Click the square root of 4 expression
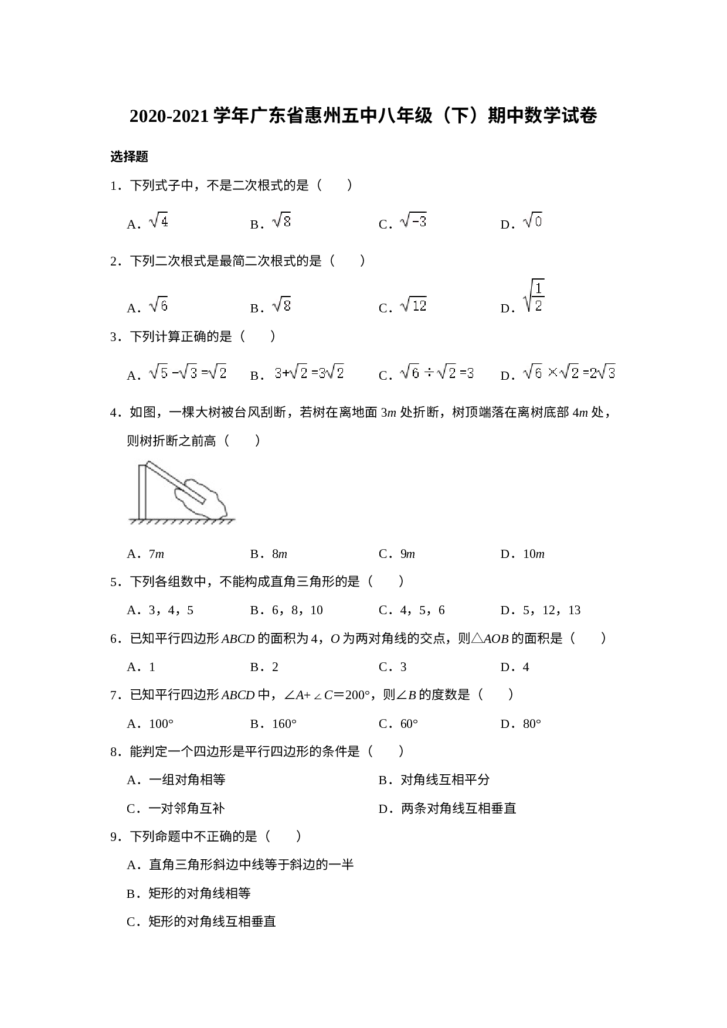(x=159, y=221)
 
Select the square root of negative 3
(x=413, y=220)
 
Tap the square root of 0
(x=533, y=220)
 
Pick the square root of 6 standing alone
(x=159, y=305)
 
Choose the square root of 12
(x=413, y=305)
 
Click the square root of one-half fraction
(x=534, y=296)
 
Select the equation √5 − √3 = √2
(x=188, y=372)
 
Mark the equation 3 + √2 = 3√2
(x=308, y=372)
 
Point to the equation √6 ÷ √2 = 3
(x=436, y=372)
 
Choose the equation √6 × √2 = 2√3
(x=569, y=372)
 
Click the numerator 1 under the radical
(x=538, y=288)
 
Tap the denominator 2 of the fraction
(x=538, y=305)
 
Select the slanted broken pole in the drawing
(x=175, y=482)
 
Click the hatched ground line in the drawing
(x=182, y=521)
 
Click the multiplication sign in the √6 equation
(x=552, y=372)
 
